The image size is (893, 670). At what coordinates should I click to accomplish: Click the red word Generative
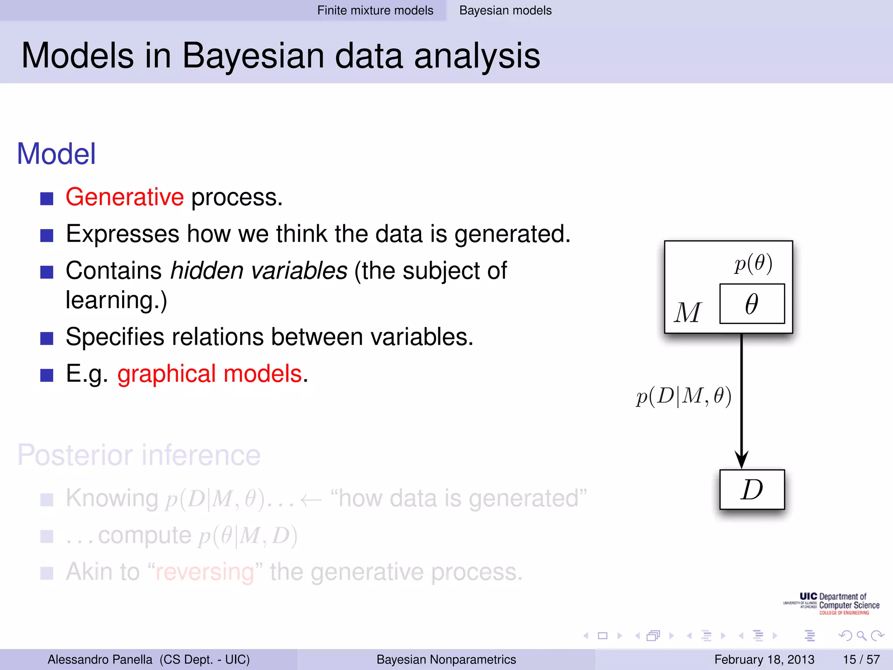pos(124,197)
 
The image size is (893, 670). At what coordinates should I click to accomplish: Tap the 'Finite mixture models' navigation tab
pos(375,10)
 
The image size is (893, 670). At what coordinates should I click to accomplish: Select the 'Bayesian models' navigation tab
pos(505,10)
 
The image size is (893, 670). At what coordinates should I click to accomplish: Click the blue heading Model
pos(56,154)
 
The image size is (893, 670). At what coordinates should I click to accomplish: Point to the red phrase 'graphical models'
pos(209,374)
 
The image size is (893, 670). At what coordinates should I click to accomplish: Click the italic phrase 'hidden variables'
pos(259,271)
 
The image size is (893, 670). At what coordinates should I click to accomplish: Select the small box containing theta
pos(752,304)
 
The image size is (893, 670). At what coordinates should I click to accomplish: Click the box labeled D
pos(752,489)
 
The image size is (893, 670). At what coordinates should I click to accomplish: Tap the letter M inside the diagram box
pos(688,313)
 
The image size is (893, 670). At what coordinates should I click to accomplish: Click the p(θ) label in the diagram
pos(753,263)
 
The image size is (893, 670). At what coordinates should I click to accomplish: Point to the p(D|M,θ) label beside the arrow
pos(683,397)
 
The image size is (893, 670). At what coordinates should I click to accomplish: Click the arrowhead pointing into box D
pos(741,460)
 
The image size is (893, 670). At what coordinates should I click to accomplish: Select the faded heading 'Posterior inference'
pos(139,455)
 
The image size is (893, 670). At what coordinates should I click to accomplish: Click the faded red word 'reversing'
pos(205,572)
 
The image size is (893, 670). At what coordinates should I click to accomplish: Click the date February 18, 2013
pos(764,660)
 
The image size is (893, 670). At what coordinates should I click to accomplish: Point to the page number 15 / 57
pos(861,660)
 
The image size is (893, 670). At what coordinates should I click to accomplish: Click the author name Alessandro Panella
pos(100,660)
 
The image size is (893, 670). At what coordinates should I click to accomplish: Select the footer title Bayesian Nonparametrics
pos(446,660)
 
